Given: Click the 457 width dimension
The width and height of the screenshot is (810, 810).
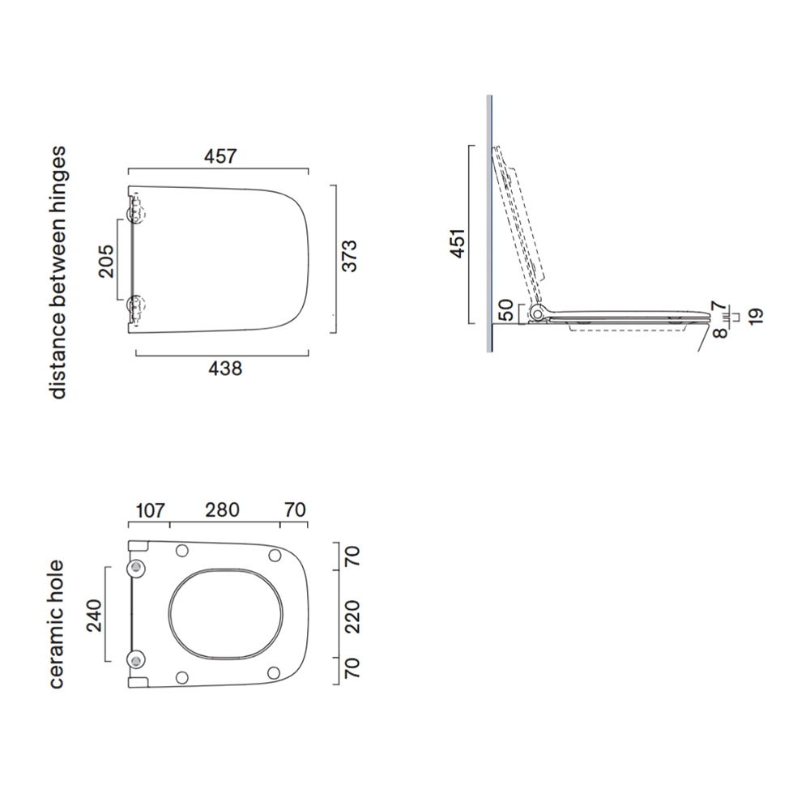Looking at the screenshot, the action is (220, 156).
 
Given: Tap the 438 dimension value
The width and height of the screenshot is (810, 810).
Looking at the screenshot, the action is (225, 369).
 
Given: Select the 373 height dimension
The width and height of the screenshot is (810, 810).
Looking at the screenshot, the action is (350, 256).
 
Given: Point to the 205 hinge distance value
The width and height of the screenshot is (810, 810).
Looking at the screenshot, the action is (106, 261).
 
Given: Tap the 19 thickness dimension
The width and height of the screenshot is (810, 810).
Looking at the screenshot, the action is (755, 316).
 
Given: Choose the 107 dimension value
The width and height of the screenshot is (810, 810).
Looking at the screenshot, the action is (150, 510).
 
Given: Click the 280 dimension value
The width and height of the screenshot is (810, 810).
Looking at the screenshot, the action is (222, 509).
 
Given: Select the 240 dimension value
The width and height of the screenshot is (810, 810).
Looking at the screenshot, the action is (94, 616).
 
